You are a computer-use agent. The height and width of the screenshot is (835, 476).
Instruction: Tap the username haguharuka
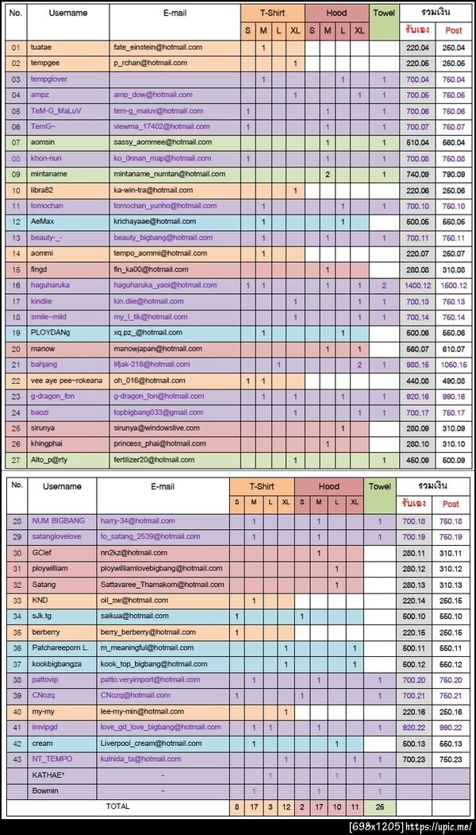55,285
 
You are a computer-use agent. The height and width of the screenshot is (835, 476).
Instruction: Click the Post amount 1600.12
453,285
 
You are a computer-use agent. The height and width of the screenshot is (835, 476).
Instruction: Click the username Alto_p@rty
52,460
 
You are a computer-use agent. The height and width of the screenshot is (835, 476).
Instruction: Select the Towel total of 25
380,807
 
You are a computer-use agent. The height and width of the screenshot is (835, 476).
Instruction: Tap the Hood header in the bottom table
328,486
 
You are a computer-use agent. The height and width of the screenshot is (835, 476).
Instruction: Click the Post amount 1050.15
453,365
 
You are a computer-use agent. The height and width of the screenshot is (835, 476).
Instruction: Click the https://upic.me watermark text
439,827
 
